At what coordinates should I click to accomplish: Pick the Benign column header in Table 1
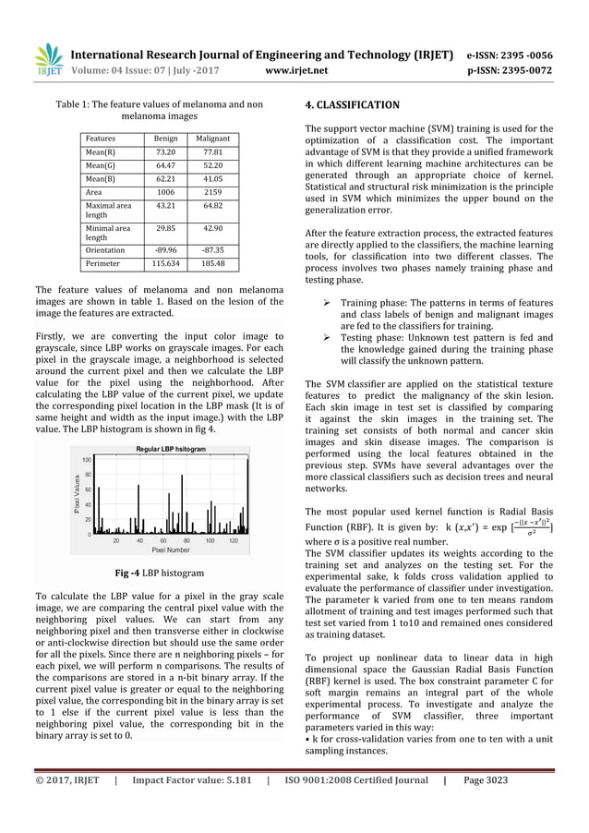tap(165, 137)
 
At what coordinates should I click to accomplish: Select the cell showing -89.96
tap(165, 248)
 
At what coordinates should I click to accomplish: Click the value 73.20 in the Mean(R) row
tap(165, 152)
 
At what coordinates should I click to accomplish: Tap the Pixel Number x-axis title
tap(170, 548)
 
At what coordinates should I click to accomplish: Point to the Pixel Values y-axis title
tap(78, 496)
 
